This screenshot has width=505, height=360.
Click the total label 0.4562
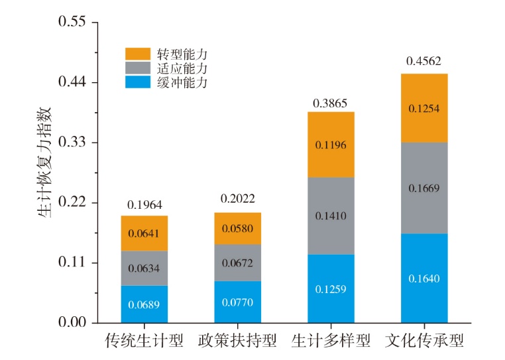point(424,62)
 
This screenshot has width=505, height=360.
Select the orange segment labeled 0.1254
point(424,108)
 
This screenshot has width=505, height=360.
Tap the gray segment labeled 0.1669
point(424,188)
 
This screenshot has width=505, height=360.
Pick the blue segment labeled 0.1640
point(424,278)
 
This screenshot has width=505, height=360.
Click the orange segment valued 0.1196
point(331,145)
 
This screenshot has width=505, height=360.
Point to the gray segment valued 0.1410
point(331,215)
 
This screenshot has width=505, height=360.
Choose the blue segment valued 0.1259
point(331,288)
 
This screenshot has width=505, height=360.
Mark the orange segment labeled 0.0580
point(237,229)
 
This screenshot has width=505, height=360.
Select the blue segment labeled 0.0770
point(237,302)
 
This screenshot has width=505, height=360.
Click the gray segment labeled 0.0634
point(144,269)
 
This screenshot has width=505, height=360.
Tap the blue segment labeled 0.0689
point(144,304)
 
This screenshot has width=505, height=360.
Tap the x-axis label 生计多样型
point(331,341)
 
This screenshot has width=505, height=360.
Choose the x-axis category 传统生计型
point(144,341)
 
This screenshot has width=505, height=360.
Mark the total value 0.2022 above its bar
point(237,199)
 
